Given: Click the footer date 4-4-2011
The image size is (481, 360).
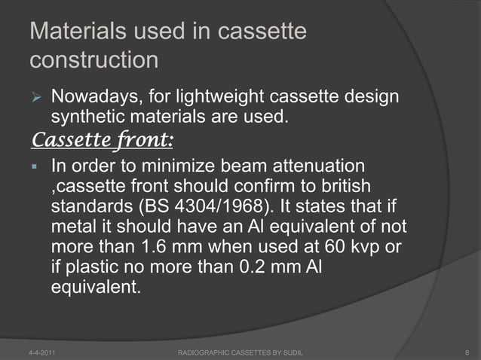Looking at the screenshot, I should (38, 352).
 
